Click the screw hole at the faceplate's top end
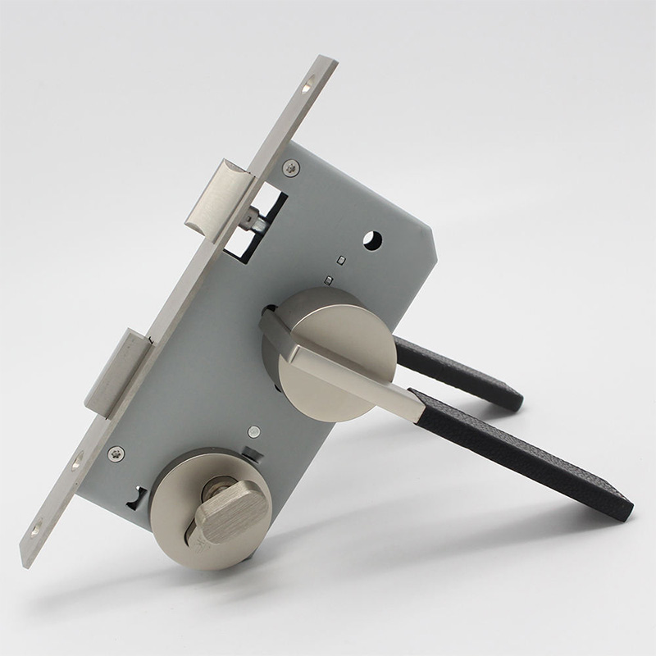[310, 83]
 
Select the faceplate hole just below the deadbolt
[77, 463]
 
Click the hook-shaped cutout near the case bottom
[134, 496]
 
